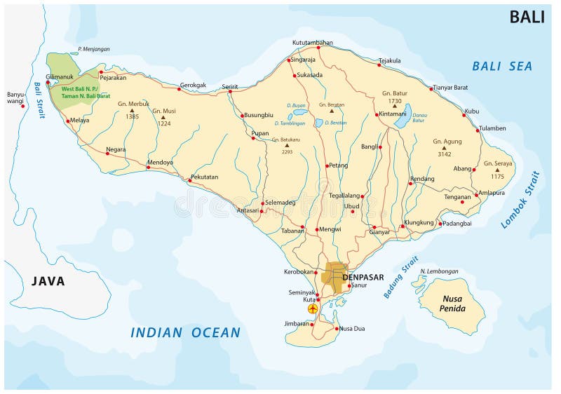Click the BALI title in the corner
pos(527,17)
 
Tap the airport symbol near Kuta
pos(313,308)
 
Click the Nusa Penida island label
pos(452,304)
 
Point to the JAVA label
pos(48,281)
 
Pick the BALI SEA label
pos(501,67)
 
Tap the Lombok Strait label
pos(520,200)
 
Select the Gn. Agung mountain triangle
pos(443,148)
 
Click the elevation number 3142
pos(444,154)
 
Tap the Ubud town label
pos(351,206)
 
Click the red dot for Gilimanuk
pos(48,83)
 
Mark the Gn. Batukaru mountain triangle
pos(286,145)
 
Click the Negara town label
pos(116,149)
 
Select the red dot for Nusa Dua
pos(336,329)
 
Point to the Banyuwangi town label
pos(15,97)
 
